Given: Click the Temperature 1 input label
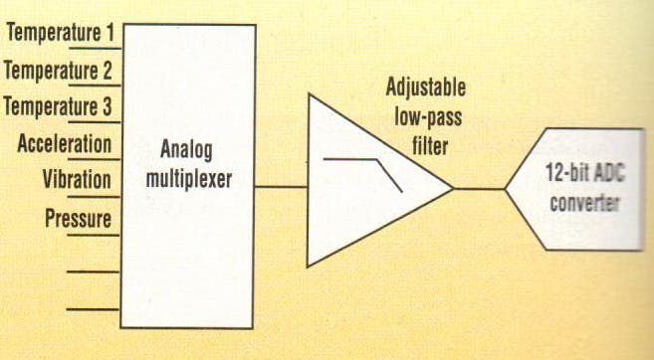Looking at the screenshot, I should [x=60, y=33].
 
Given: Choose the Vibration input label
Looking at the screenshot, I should [x=78, y=180].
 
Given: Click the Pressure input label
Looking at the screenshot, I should [x=79, y=217].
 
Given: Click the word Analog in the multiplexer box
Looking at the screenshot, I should [x=186, y=152].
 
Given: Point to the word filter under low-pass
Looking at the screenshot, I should [x=427, y=146].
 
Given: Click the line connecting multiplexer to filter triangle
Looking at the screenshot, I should [x=281, y=186].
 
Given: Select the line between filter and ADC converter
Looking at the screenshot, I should [x=480, y=188].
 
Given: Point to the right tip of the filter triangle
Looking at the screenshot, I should [x=453, y=188].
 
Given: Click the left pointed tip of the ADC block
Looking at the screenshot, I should [x=507, y=188].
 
